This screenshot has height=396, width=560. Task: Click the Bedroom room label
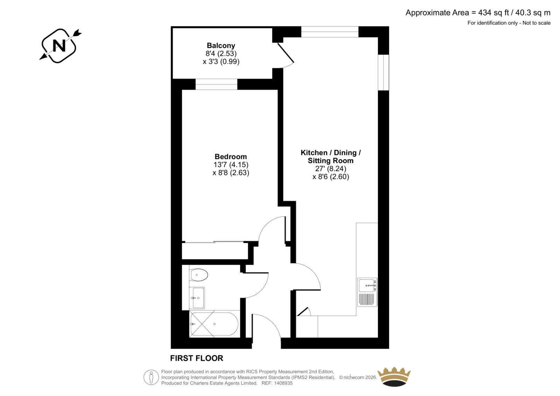point(231,157)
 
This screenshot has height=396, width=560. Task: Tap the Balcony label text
point(221,46)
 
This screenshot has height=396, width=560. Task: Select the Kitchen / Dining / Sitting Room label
point(330,157)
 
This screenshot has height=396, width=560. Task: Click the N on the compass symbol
point(59,46)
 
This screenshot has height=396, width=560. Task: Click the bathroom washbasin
point(197,298)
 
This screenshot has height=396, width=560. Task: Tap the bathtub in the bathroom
point(214,324)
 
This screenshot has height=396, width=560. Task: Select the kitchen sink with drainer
point(367,292)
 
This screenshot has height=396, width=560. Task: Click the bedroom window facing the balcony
point(216,84)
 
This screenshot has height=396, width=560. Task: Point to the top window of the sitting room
point(330,32)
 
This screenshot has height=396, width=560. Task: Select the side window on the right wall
point(384,72)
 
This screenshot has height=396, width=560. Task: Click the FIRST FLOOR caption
point(196,358)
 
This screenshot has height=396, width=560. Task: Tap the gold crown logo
point(394,377)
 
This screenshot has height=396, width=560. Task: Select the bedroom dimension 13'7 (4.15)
point(231,165)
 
